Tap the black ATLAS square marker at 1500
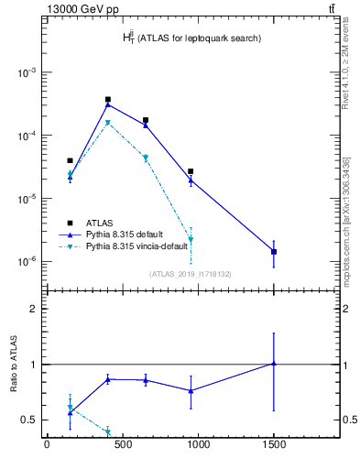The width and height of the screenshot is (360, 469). point(274,251)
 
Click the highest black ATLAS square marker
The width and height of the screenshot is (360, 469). point(108,99)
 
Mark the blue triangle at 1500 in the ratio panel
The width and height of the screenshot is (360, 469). point(274,364)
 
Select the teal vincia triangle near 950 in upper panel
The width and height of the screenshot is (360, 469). point(191,240)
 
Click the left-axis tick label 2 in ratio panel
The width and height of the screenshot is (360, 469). point(34,309)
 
